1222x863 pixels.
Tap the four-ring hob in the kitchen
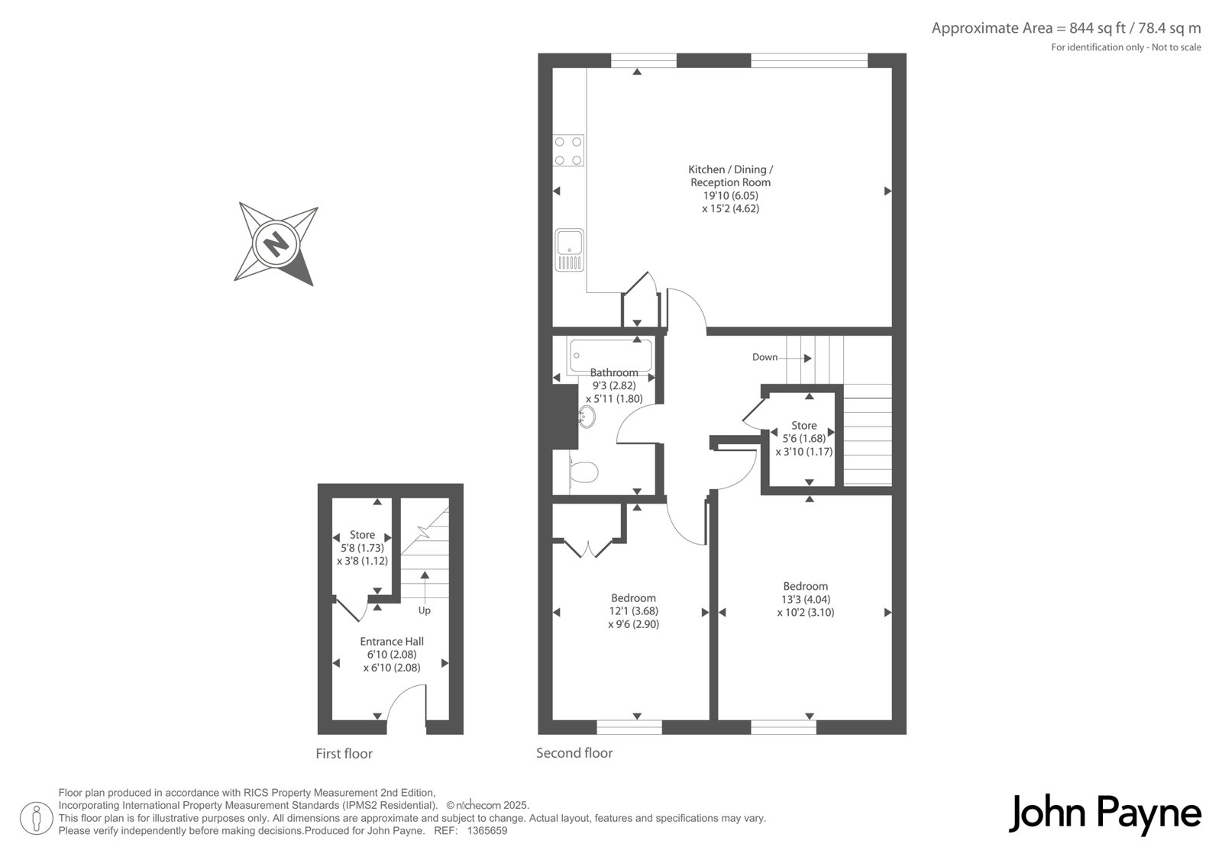pyautogui.click(x=568, y=150)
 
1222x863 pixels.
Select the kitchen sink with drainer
pyautogui.click(x=570, y=250)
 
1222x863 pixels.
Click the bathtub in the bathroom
pyautogui.click(x=610, y=356)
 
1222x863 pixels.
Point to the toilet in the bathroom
pyautogui.click(x=583, y=472)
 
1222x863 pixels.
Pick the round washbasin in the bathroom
pyautogui.click(x=587, y=417)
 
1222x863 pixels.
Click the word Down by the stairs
pyautogui.click(x=765, y=357)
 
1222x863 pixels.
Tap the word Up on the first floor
pyautogui.click(x=425, y=610)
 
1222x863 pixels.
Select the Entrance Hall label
pyautogui.click(x=392, y=642)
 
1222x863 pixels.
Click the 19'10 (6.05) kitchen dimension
pyautogui.click(x=731, y=195)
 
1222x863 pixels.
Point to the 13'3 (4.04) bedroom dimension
pyautogui.click(x=806, y=600)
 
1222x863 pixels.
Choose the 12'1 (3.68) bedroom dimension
pyautogui.click(x=633, y=611)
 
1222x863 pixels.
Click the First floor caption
pyautogui.click(x=344, y=753)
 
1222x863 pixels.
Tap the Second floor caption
pyautogui.click(x=574, y=753)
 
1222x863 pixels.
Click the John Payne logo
pyautogui.click(x=1104, y=814)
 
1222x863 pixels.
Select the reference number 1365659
pyautogui.click(x=487, y=831)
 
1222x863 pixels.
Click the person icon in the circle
pyautogui.click(x=36, y=819)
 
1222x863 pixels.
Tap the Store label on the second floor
pyautogui.click(x=804, y=425)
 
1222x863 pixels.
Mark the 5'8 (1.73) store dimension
pyautogui.click(x=362, y=548)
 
